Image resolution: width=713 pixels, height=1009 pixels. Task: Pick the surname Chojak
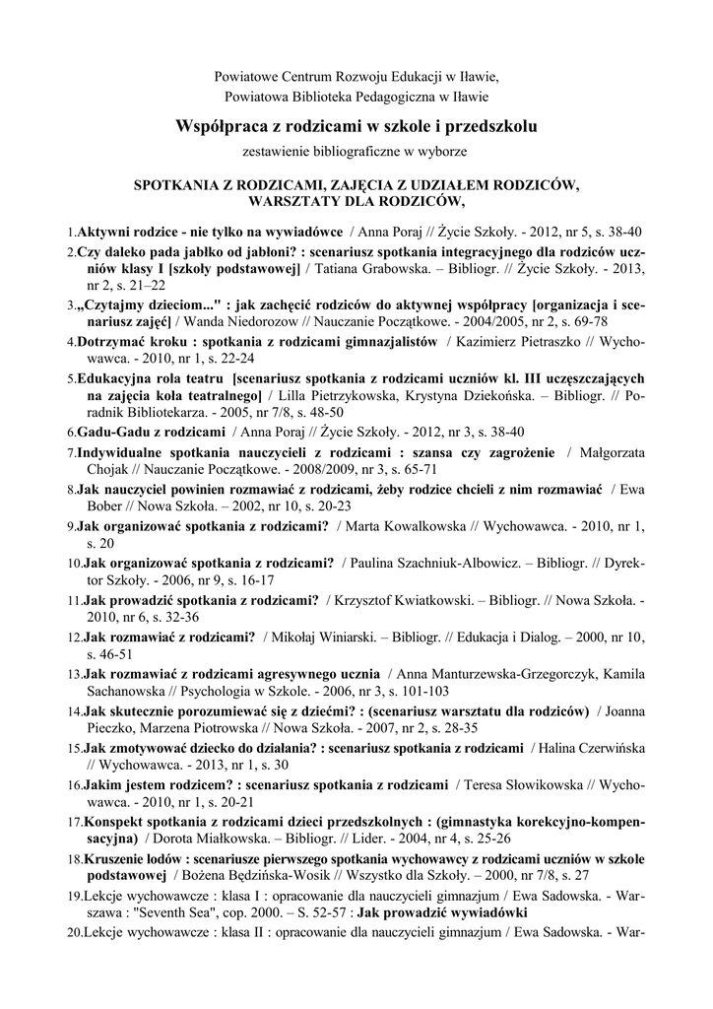tap(107, 469)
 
